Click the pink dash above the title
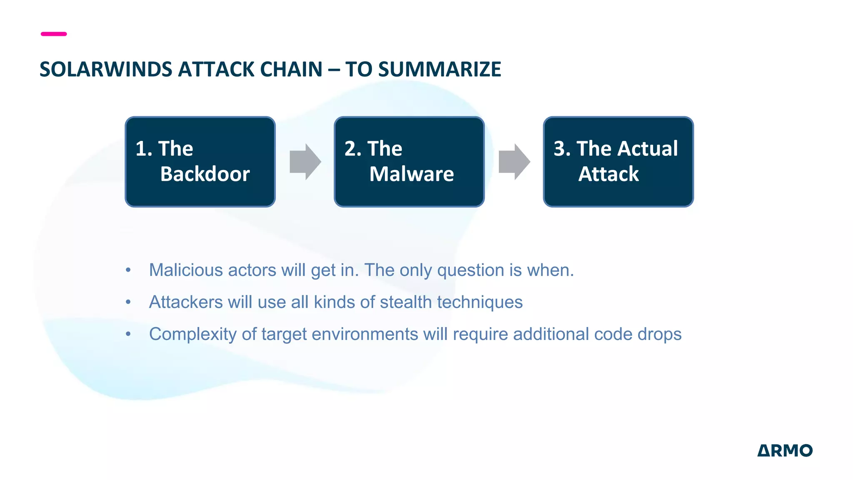click(54, 34)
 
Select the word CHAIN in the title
click(291, 69)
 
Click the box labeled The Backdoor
click(200, 162)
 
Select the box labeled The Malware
click(409, 162)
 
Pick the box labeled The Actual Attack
click(618, 162)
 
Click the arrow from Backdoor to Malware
click(305, 162)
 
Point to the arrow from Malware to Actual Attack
click(514, 162)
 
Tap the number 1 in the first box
click(141, 149)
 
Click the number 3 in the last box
click(559, 149)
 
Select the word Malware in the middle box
click(412, 174)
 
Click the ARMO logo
click(785, 450)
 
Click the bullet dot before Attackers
click(128, 302)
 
